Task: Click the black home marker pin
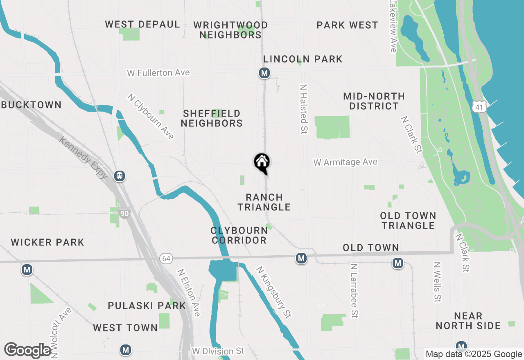(x=262, y=162)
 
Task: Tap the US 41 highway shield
(x=479, y=107)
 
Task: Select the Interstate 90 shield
(x=125, y=213)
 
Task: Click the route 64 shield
(x=166, y=259)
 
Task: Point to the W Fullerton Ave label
(x=158, y=73)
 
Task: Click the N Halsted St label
(x=303, y=109)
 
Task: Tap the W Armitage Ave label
(x=345, y=162)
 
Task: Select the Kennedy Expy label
(x=83, y=157)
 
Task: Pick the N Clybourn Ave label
(x=151, y=117)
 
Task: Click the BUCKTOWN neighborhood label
(x=31, y=105)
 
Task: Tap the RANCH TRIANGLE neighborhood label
(x=264, y=202)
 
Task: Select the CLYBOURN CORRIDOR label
(x=239, y=235)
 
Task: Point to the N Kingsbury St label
(x=273, y=292)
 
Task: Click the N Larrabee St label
(x=354, y=290)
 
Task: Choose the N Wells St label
(x=437, y=282)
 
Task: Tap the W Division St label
(x=218, y=351)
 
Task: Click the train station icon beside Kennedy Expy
(x=120, y=176)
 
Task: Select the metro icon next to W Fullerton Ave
(x=264, y=73)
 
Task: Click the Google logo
(x=27, y=350)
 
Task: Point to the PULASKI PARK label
(x=147, y=306)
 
